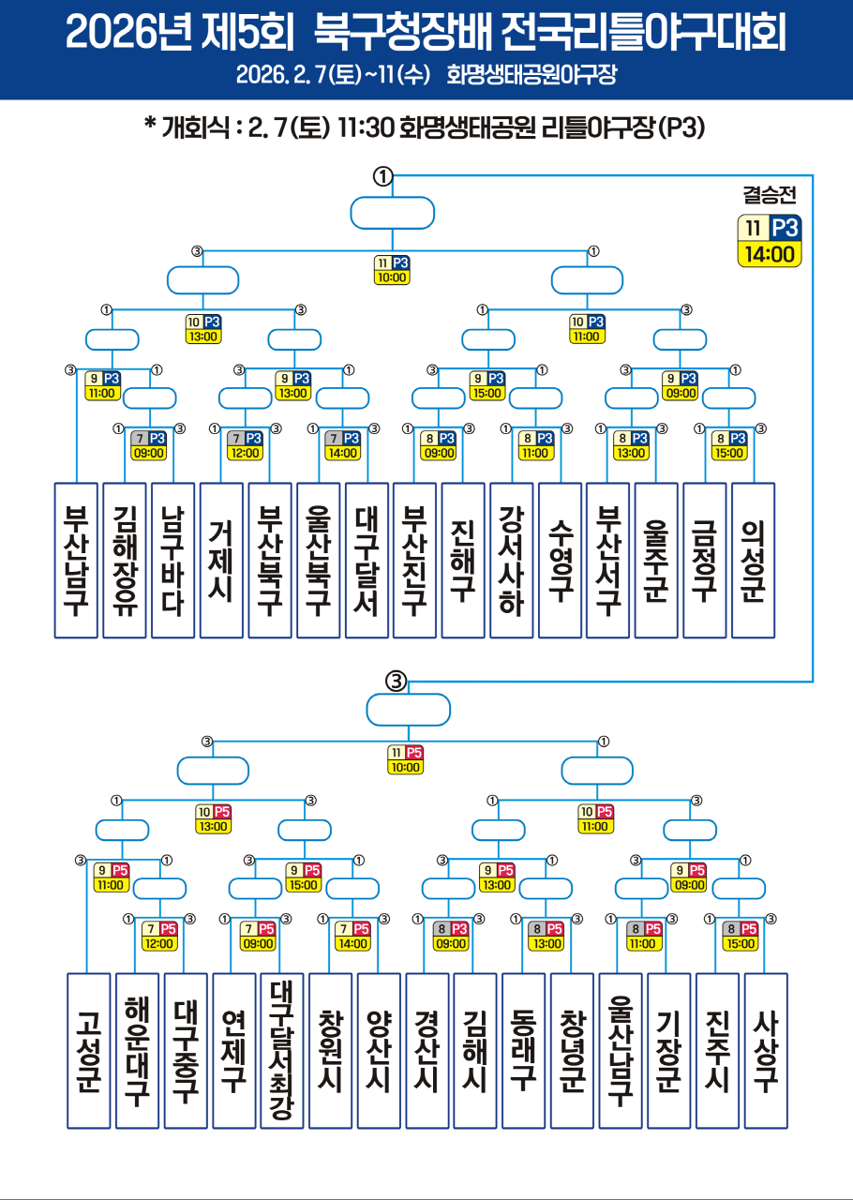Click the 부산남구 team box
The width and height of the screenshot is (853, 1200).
(76, 560)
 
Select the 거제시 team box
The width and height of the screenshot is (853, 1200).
(221, 560)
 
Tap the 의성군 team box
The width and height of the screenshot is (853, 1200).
(753, 560)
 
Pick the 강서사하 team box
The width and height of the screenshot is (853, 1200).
(511, 560)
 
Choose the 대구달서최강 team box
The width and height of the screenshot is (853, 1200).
(281, 1050)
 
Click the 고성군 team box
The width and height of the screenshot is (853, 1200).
(89, 1050)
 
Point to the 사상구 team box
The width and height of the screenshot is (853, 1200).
(766, 1050)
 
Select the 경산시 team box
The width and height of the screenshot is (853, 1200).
(427, 1050)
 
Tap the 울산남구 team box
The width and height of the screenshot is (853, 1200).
(621, 1050)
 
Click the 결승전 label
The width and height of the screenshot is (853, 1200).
(769, 195)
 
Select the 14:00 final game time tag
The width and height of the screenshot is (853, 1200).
(770, 253)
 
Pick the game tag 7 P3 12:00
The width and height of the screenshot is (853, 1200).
(245, 445)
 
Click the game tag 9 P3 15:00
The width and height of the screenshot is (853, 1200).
(487, 385)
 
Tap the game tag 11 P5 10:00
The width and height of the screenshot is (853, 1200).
(406, 759)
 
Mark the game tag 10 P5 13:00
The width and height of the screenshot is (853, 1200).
(213, 819)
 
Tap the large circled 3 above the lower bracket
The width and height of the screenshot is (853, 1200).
(396, 682)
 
